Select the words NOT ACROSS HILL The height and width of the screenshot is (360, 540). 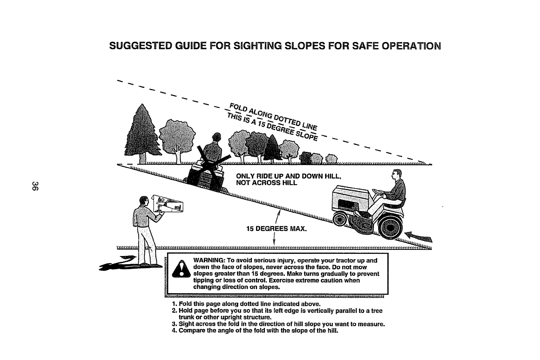point(267,183)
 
